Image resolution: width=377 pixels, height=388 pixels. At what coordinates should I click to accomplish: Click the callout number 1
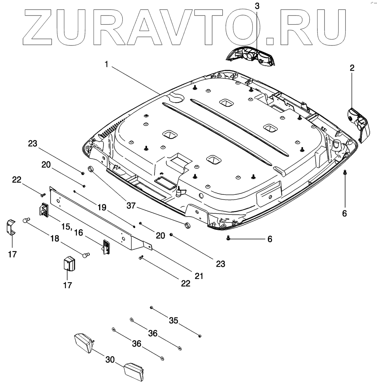pyautogui.click(x=106, y=65)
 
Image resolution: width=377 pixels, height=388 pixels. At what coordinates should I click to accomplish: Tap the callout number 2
pyautogui.click(x=352, y=68)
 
